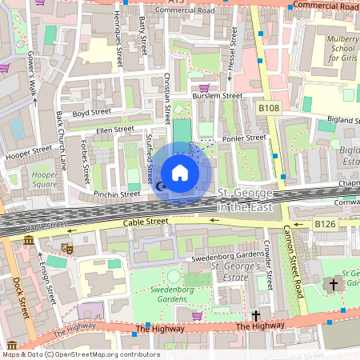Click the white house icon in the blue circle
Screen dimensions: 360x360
pos(180,173)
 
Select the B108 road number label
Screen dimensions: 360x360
pos(269,106)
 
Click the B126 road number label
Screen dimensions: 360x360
pos(324,225)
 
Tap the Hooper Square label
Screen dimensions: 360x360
pos(44,179)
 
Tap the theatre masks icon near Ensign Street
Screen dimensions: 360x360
pos(68,250)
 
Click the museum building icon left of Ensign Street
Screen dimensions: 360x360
pos(29,240)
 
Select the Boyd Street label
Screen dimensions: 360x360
pos(90,113)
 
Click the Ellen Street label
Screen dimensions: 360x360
pos(115,129)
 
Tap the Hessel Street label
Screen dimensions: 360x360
pos(233,52)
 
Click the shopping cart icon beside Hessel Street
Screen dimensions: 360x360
pos(204,88)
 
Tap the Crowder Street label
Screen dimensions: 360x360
pos(269,269)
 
